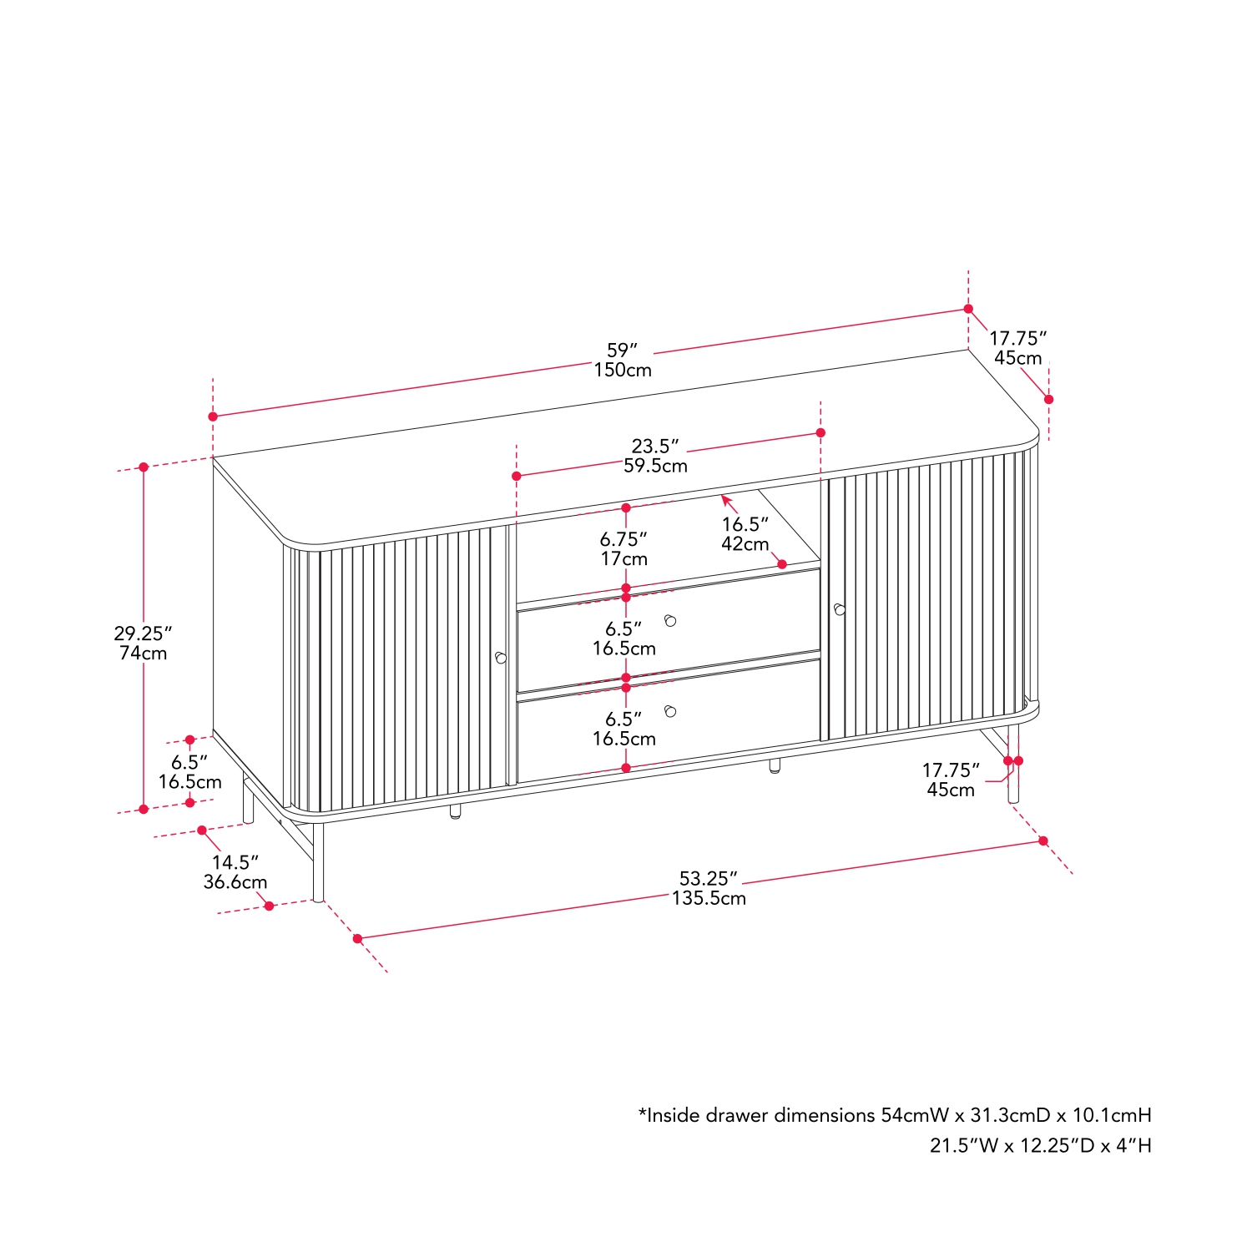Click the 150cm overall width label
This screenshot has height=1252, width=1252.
[623, 370]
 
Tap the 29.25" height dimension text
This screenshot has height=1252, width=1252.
[143, 634]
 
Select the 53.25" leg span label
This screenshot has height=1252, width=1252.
[709, 878]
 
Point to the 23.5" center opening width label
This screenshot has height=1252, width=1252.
[655, 446]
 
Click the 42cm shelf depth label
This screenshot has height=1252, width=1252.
[745, 544]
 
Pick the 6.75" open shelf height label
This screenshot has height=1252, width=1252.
[623, 539]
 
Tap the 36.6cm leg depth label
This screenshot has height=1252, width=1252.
[235, 882]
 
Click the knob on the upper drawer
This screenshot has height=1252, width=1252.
[670, 620]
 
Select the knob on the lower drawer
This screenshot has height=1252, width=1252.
[670, 711]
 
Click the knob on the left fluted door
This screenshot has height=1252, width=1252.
[500, 658]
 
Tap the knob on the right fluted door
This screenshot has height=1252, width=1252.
[839, 609]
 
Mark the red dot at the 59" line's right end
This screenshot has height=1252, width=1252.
[968, 309]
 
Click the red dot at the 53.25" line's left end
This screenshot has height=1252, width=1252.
[358, 939]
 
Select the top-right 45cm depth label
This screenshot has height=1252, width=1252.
[1018, 358]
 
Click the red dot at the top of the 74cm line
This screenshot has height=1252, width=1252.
[144, 467]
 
